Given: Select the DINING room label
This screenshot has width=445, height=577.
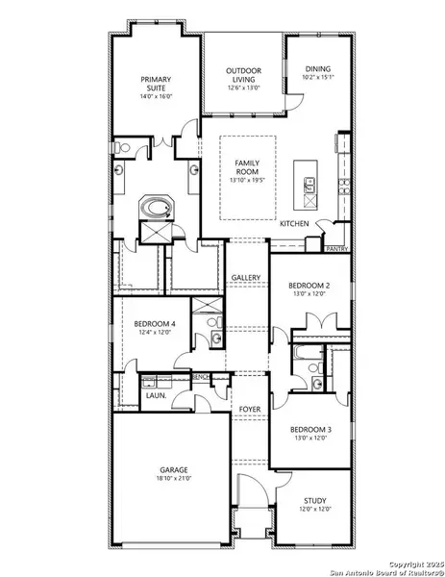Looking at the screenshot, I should tap(318, 69).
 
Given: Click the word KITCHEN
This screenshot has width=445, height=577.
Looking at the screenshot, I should tap(294, 224).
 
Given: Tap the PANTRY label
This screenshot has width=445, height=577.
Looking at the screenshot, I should tap(336, 248).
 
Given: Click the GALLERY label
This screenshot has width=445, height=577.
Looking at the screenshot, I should tap(246, 278).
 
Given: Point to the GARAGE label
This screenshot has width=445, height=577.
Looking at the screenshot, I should tap(174, 470).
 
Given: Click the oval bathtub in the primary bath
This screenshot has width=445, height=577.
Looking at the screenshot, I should tap(154, 208).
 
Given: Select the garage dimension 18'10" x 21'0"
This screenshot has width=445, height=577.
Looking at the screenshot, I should tap(174, 480).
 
